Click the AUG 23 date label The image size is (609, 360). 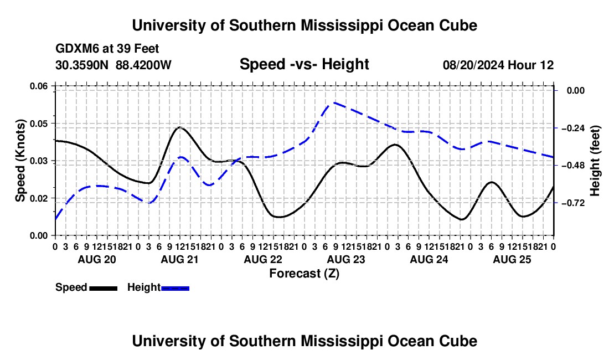(x=346, y=259)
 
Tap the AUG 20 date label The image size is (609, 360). (x=97, y=259)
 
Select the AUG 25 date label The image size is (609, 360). (x=512, y=259)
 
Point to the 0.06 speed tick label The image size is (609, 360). (x=39, y=86)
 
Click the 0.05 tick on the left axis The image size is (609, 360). (x=39, y=124)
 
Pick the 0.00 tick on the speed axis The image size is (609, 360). (x=39, y=235)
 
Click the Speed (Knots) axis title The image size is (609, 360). (x=20, y=161)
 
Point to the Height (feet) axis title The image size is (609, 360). (x=595, y=161)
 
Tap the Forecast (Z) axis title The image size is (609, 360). (x=304, y=274)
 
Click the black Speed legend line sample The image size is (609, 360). (x=104, y=288)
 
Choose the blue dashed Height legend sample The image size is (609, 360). (x=175, y=288)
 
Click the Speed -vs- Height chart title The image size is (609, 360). (x=304, y=64)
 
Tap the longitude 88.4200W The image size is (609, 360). (x=143, y=65)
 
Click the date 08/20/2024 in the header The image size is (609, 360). (x=473, y=65)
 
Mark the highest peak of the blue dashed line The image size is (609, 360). (x=334, y=102)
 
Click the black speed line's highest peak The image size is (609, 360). (x=180, y=127)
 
